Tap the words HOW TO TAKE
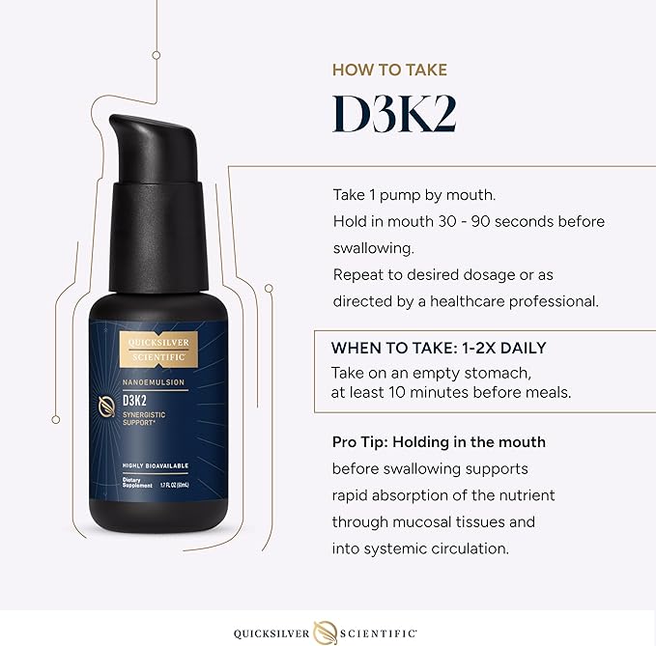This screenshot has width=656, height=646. pyautogui.click(x=389, y=70)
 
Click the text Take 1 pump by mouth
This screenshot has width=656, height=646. pyautogui.click(x=409, y=194)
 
